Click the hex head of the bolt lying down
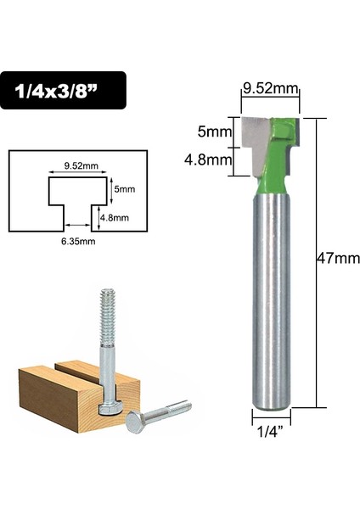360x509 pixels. [x=135, y=421]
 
